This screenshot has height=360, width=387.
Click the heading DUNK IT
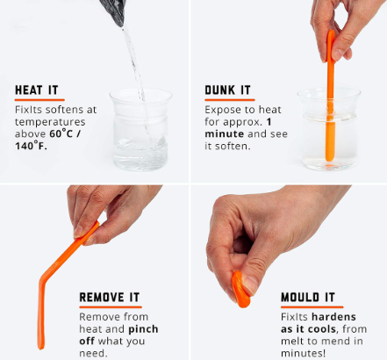click(x=228, y=90)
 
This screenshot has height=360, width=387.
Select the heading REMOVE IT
click(x=115, y=297)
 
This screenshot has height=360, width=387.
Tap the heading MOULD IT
click(x=308, y=297)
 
